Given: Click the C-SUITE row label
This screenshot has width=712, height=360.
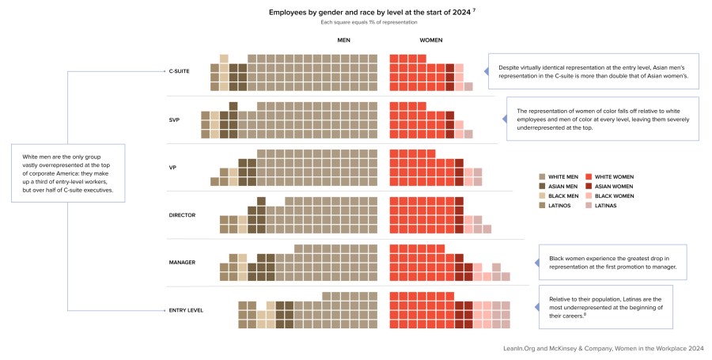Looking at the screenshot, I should pyautogui.click(x=179, y=71).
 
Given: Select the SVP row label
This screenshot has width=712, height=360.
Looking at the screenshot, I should pyautogui.click(x=174, y=119).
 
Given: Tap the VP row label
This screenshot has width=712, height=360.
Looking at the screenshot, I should pyautogui.click(x=172, y=167).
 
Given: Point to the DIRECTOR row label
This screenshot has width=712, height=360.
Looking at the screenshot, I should pyautogui.click(x=181, y=214).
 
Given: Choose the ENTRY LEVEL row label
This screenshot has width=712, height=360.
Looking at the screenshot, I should pyautogui.click(x=185, y=310).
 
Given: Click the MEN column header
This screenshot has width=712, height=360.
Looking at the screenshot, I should pyautogui.click(x=343, y=40).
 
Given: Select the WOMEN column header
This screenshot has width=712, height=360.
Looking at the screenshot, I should pyautogui.click(x=430, y=40).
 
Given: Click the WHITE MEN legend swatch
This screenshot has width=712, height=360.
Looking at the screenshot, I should pyautogui.click(x=541, y=177).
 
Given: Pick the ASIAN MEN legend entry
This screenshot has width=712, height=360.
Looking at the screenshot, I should pyautogui.click(x=562, y=187).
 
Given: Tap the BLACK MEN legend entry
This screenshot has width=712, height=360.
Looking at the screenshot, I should pyautogui.click(x=562, y=196).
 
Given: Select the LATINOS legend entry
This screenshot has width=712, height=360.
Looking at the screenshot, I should pyautogui.click(x=558, y=206).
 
